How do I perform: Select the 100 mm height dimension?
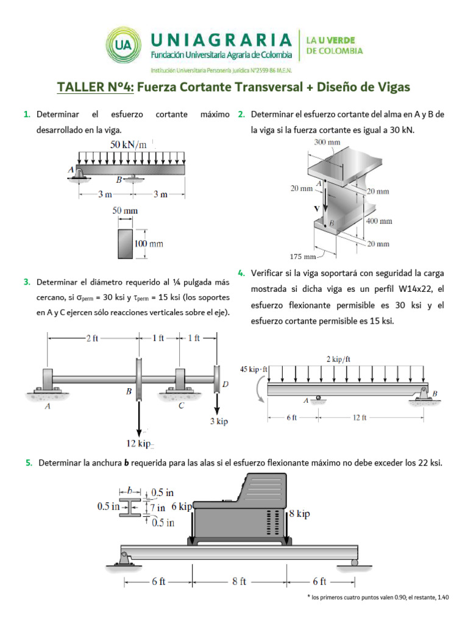click(149, 244)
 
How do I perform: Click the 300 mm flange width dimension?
click(327, 143)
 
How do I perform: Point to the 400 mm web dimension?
click(378, 221)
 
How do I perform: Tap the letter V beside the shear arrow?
click(316, 208)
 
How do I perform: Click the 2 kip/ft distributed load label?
click(339, 360)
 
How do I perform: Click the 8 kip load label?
click(299, 514)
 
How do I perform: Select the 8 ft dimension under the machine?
click(239, 581)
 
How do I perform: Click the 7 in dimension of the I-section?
click(158, 507)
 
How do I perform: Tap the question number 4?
click(241, 272)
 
